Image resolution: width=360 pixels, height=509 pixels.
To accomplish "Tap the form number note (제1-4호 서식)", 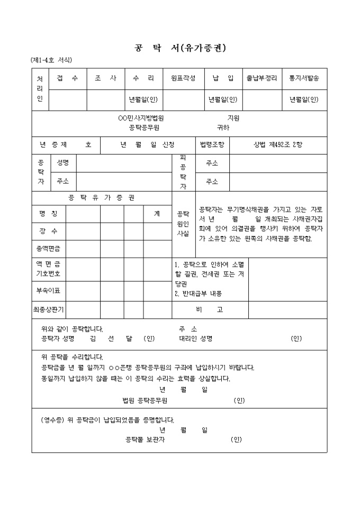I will point(51,60).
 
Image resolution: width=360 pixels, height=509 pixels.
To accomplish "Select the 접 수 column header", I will point(67,78).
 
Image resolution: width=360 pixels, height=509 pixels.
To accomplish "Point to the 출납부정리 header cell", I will point(262,78).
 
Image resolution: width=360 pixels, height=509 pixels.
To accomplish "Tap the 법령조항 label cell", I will point(212,144).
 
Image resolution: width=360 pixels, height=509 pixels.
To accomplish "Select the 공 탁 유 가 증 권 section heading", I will point(102,198).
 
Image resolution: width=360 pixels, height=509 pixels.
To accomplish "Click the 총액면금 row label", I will point(48,248).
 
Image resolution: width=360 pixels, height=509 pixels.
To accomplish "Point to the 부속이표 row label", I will point(48,290).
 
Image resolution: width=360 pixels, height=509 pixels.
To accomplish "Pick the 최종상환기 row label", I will point(48,310).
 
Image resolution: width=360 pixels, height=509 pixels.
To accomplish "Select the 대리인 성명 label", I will point(195,339).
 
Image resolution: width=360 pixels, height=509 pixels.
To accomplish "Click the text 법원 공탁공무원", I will point(145,401).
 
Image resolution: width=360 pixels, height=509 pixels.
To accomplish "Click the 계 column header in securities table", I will point(157,214).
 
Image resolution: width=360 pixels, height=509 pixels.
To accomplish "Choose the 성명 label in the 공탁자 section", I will point(63,162).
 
